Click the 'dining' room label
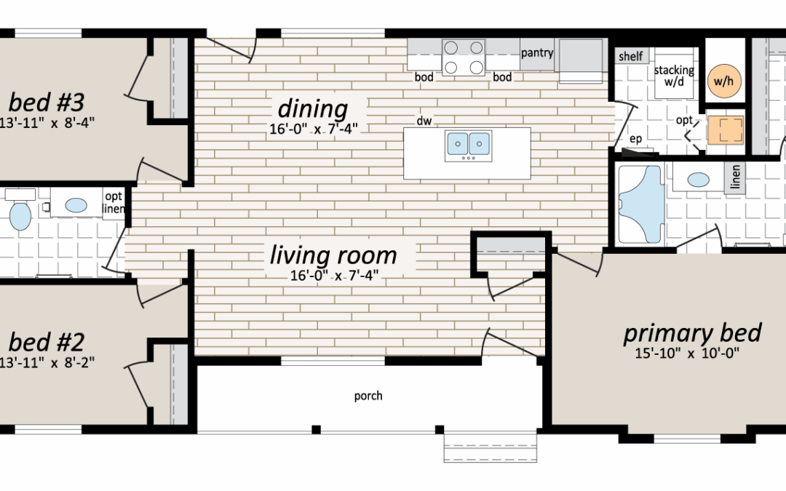(x=313, y=108)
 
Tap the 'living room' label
(x=333, y=255)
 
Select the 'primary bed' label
(x=692, y=333)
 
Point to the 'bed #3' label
(x=47, y=103)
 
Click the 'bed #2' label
(x=47, y=342)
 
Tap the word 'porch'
(x=368, y=396)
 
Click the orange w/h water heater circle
(x=724, y=81)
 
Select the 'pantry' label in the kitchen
(x=537, y=52)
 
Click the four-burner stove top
(x=464, y=57)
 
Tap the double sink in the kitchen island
(x=468, y=145)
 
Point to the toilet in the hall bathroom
(x=20, y=209)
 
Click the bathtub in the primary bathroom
(x=641, y=204)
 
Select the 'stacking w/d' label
(x=674, y=75)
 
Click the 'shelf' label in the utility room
(x=630, y=56)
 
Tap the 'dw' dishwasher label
(x=424, y=121)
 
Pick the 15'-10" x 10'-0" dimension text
(x=687, y=354)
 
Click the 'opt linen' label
(x=114, y=202)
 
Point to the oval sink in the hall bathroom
(x=76, y=205)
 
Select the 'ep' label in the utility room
(x=635, y=139)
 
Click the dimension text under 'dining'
(x=314, y=129)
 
